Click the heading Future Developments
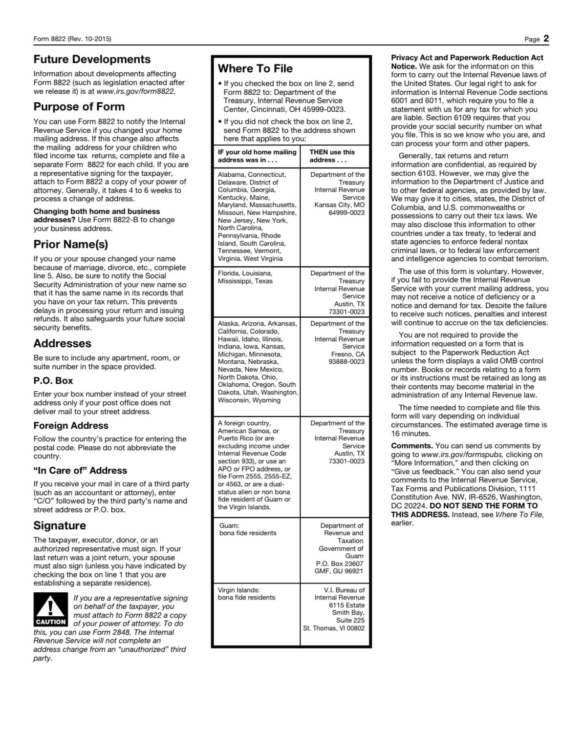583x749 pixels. pyautogui.click(x=92, y=60)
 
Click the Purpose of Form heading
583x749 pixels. pyautogui.click(x=79, y=107)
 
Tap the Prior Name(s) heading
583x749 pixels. pyautogui.click(x=70, y=244)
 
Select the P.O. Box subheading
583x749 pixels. pyautogui.click(x=53, y=381)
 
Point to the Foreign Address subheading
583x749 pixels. pyautogui.click(x=70, y=426)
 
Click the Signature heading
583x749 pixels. pyautogui.click(x=59, y=526)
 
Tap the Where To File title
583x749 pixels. pyautogui.click(x=255, y=69)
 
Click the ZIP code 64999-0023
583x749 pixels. pyautogui.click(x=346, y=213)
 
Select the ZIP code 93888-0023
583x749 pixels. pyautogui.click(x=346, y=362)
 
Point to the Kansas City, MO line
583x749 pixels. pyautogui.click(x=340, y=205)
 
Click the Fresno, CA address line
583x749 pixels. pyautogui.click(x=347, y=354)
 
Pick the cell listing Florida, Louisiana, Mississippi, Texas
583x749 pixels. pyautogui.click(x=245, y=277)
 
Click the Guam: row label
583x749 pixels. pyautogui.click(x=229, y=526)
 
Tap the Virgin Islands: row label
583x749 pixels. pyautogui.click(x=238, y=590)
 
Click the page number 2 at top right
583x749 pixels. pyautogui.click(x=546, y=39)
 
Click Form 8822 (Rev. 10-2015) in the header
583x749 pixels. pyautogui.click(x=72, y=39)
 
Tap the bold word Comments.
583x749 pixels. pyautogui.click(x=411, y=446)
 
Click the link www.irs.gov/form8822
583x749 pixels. pyautogui.click(x=135, y=91)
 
